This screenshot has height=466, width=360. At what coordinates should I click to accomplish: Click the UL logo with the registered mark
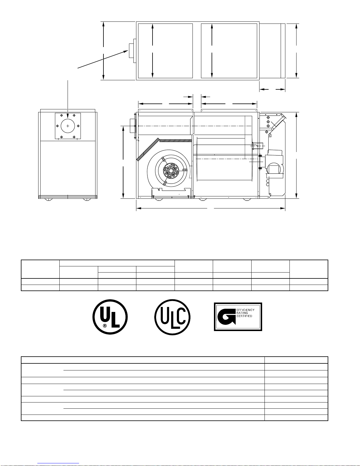click(110, 317)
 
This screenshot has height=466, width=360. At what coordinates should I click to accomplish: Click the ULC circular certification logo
click(172, 317)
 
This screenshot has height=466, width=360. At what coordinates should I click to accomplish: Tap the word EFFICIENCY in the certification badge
click(245, 310)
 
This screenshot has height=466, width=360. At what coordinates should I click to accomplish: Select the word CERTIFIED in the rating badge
click(244, 316)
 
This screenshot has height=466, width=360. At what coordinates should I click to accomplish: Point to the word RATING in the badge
click(242, 313)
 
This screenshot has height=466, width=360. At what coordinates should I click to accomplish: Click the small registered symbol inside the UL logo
click(105, 326)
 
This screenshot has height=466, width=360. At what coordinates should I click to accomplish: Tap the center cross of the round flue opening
click(68, 126)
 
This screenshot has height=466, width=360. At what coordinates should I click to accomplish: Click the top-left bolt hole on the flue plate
click(61, 115)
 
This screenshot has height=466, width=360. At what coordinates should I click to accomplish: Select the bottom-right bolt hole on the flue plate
click(74, 137)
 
